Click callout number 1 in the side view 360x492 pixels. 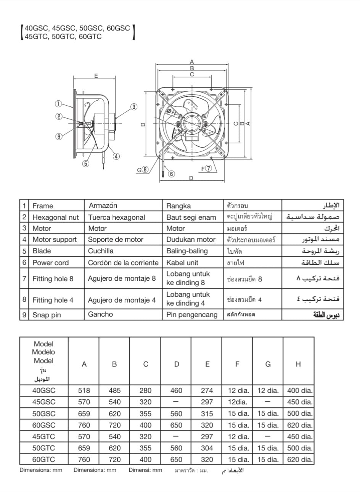coord(58,103)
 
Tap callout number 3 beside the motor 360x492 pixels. coord(134,107)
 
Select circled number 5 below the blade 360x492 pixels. coord(85,164)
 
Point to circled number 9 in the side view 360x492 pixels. coord(58,137)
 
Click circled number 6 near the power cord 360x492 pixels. coord(172,174)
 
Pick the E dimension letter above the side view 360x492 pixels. coord(96,76)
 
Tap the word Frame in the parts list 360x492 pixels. coord(43,206)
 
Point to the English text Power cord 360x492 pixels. coord(50,262)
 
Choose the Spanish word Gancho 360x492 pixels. coord(100,314)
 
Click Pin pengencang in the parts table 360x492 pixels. coord(192,315)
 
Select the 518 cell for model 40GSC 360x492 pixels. coord(84,391)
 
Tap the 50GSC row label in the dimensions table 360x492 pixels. coord(43,413)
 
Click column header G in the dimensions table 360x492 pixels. coord(268,364)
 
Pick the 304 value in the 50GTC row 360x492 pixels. coord(207,448)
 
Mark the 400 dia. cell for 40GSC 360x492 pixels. coord(300,391)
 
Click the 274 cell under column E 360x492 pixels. coord(207,391)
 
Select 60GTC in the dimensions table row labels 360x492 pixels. coord(43,460)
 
